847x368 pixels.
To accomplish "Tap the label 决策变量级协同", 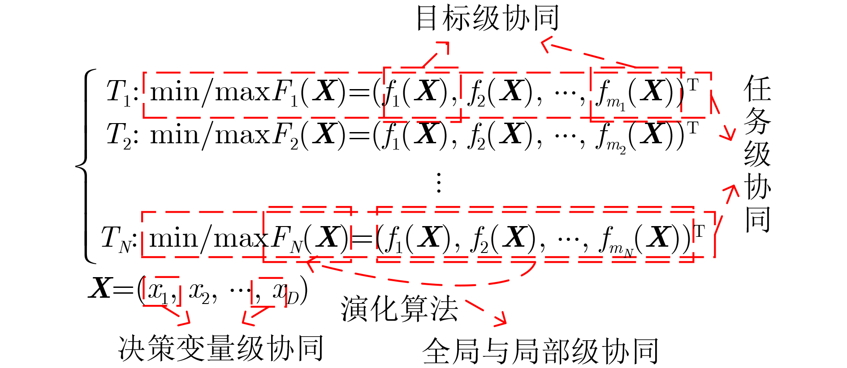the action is coord(220,348).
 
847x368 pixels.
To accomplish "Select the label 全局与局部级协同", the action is coord(540,351).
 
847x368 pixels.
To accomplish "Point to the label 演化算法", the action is coord(399,309).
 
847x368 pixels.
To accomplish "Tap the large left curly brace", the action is coord(86,166).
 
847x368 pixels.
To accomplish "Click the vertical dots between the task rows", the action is coord(439,182).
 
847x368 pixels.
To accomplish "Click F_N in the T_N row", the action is coord(287,240).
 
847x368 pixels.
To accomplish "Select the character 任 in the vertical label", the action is coord(757,89).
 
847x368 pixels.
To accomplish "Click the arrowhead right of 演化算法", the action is coord(501,318).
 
